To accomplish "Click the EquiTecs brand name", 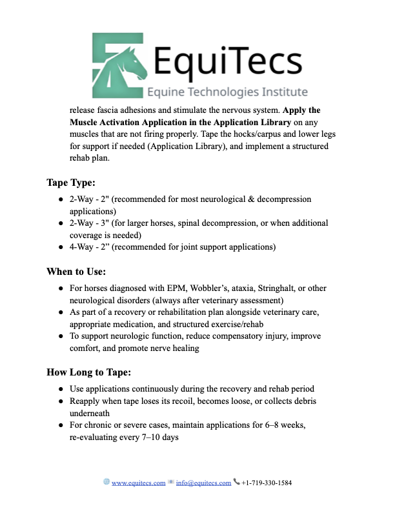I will (x=228, y=62).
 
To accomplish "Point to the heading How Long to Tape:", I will (x=90, y=372).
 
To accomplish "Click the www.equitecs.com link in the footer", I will (x=139, y=483).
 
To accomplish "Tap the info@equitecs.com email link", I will (x=205, y=483).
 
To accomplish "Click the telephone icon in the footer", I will (x=237, y=482).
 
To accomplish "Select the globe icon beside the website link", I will (x=106, y=482).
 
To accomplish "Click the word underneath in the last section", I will (x=91, y=413).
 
